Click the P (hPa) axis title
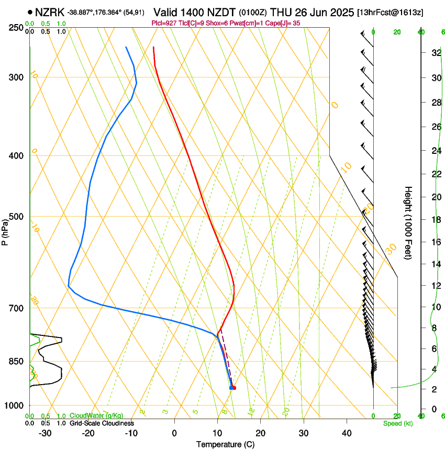[5, 229]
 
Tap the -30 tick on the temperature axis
[45, 433]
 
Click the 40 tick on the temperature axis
[346, 433]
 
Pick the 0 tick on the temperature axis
[174, 433]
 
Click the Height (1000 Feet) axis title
[408, 222]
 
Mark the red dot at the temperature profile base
[233, 388]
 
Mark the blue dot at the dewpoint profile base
[231, 388]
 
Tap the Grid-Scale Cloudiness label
[102, 423]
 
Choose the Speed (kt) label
[397, 423]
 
